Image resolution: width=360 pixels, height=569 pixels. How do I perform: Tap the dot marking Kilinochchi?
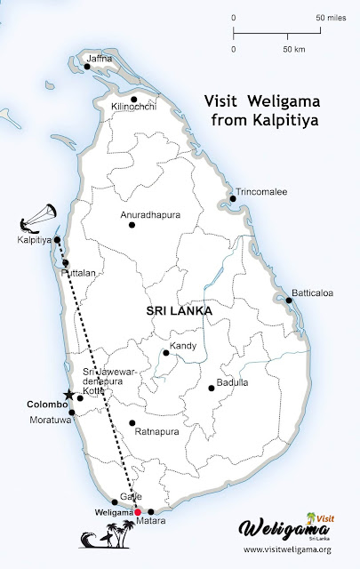point(133,99)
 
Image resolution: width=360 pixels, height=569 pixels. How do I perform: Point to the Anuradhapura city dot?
point(132,224)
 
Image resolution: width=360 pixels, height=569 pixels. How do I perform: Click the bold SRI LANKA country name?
point(179,312)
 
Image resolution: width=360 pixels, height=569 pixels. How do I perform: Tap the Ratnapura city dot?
point(132,423)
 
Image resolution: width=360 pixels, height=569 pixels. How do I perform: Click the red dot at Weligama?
point(138,512)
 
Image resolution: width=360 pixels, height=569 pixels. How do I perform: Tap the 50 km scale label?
point(292,48)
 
